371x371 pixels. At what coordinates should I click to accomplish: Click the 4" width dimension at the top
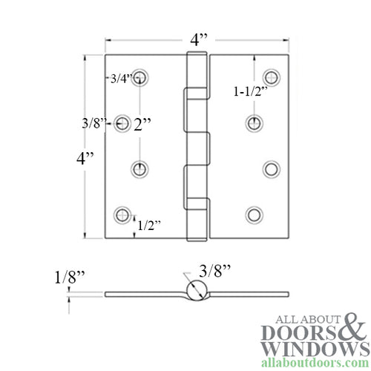tap(197, 40)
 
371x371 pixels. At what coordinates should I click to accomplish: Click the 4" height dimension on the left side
tap(88, 157)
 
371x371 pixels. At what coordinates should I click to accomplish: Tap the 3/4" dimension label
tap(121, 78)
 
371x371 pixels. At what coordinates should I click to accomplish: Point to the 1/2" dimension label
tap(148, 226)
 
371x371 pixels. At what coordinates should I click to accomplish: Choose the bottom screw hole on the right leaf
tap(253, 214)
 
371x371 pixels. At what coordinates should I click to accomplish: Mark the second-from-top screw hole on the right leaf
tap(253, 123)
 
